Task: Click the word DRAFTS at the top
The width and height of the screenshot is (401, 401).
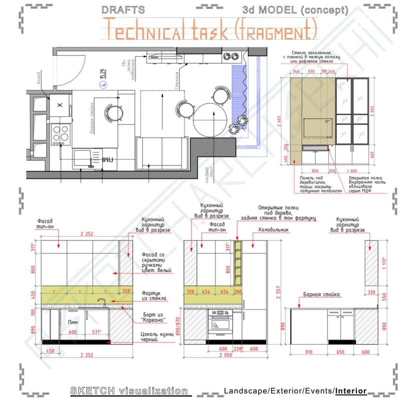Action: pyautogui.click(x=123, y=10)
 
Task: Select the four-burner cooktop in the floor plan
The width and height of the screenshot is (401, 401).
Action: pyautogui.click(x=61, y=133)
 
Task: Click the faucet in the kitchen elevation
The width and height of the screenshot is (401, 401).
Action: pyautogui.click(x=102, y=303)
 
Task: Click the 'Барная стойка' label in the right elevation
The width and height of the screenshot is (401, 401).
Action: pyautogui.click(x=321, y=295)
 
